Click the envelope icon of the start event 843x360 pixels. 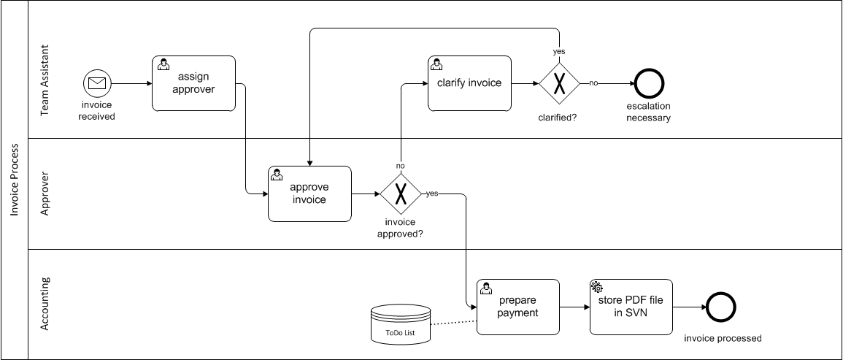pyautogui.click(x=97, y=83)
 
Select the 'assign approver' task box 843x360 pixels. pyautogui.click(x=193, y=83)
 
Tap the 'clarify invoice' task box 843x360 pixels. pyautogui.click(x=469, y=83)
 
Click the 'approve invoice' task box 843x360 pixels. pyautogui.click(x=309, y=194)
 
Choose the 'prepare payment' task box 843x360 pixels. pyautogui.click(x=517, y=307)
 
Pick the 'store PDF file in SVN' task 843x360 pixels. pyautogui.click(x=631, y=307)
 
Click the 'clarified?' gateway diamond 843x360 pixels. pyautogui.click(x=559, y=83)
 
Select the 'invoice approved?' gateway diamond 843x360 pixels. pyautogui.click(x=400, y=194)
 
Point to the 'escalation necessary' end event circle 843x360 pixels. pyautogui.click(x=648, y=83)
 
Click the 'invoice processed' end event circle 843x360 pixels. pyautogui.click(x=720, y=307)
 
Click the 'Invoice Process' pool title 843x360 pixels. pyautogui.click(x=14, y=180)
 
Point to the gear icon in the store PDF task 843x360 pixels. pyautogui.click(x=596, y=287)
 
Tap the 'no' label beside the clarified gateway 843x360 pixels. pyautogui.click(x=593, y=83)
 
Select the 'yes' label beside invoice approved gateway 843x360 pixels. pyautogui.click(x=432, y=194)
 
